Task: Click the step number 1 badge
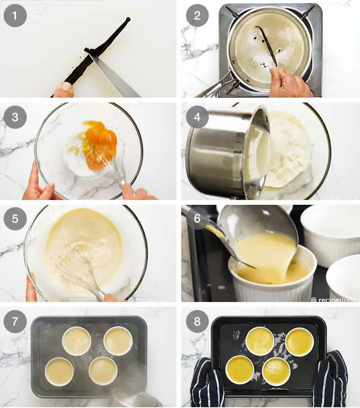[15, 16]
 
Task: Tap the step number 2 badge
[198, 16]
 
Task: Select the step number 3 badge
[15, 118]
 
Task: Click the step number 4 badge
[198, 118]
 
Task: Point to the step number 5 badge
[15, 219]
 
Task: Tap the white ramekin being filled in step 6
[272, 284]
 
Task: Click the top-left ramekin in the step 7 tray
[76, 341]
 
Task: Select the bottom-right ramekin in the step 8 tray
[276, 371]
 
